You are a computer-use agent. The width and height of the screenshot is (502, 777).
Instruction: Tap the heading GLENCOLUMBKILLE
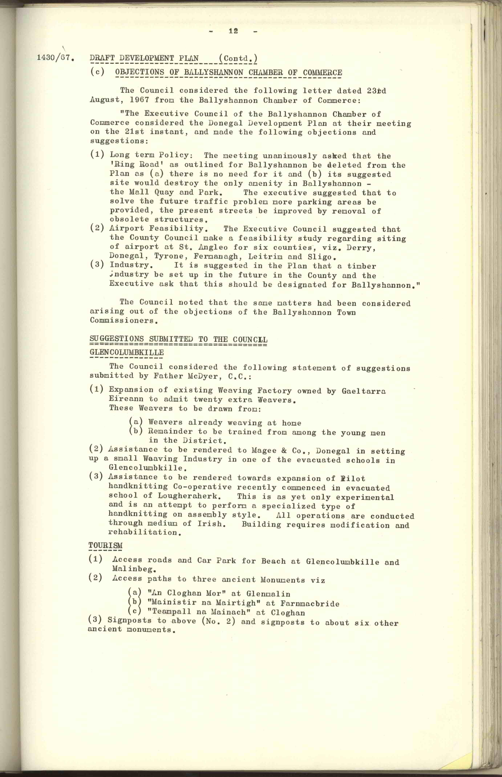126,353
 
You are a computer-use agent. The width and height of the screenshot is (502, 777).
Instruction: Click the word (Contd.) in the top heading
238,58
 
